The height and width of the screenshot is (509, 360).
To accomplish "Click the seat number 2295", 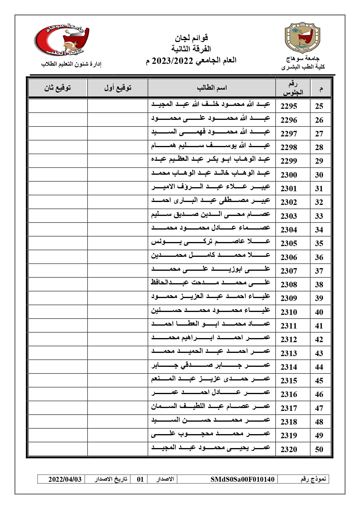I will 289,106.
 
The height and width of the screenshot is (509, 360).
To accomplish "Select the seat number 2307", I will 289,271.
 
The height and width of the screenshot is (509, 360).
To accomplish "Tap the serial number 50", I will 319,450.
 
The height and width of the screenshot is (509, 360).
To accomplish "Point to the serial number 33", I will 319,216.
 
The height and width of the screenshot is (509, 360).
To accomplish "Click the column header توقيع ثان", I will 57,88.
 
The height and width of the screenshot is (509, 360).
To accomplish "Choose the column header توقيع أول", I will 118,88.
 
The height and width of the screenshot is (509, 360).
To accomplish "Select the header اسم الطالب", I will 212,88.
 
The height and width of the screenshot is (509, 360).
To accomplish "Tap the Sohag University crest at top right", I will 303,38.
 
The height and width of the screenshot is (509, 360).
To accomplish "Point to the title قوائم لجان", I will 191,38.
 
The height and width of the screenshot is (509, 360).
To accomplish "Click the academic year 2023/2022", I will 173,61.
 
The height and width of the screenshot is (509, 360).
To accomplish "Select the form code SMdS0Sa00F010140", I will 242,479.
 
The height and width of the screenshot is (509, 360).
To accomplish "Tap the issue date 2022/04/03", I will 65,479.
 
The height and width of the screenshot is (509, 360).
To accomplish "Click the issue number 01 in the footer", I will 140,479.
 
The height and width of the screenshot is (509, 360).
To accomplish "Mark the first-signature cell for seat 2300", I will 117,175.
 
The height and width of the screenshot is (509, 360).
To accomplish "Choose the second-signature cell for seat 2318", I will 58,422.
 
